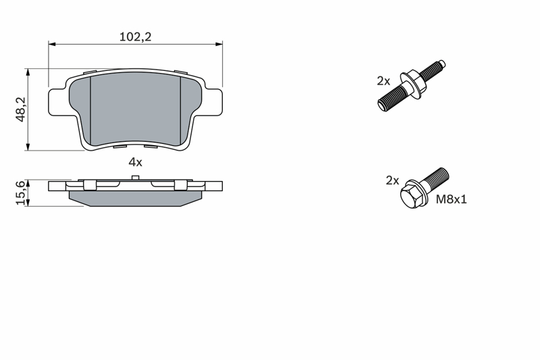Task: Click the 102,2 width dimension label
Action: (136, 36)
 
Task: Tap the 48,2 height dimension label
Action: (21, 109)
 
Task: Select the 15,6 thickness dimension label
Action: (21, 193)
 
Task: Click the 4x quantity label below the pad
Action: (136, 162)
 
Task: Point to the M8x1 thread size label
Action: (451, 199)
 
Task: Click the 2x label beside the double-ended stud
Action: (383, 81)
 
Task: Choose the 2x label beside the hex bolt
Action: (392, 180)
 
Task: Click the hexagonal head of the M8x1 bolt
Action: (412, 195)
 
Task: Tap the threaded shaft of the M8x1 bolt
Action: (435, 178)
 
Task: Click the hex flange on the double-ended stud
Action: (412, 84)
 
